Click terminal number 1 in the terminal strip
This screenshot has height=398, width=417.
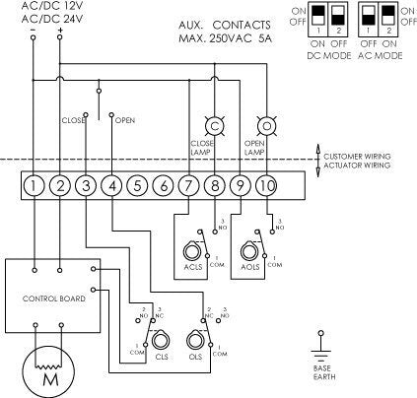click(x=35, y=184)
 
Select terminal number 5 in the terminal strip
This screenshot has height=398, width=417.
click(x=138, y=184)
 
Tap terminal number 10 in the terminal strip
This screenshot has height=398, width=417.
click(x=266, y=184)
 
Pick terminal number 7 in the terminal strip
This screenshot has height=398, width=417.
click(x=189, y=184)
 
